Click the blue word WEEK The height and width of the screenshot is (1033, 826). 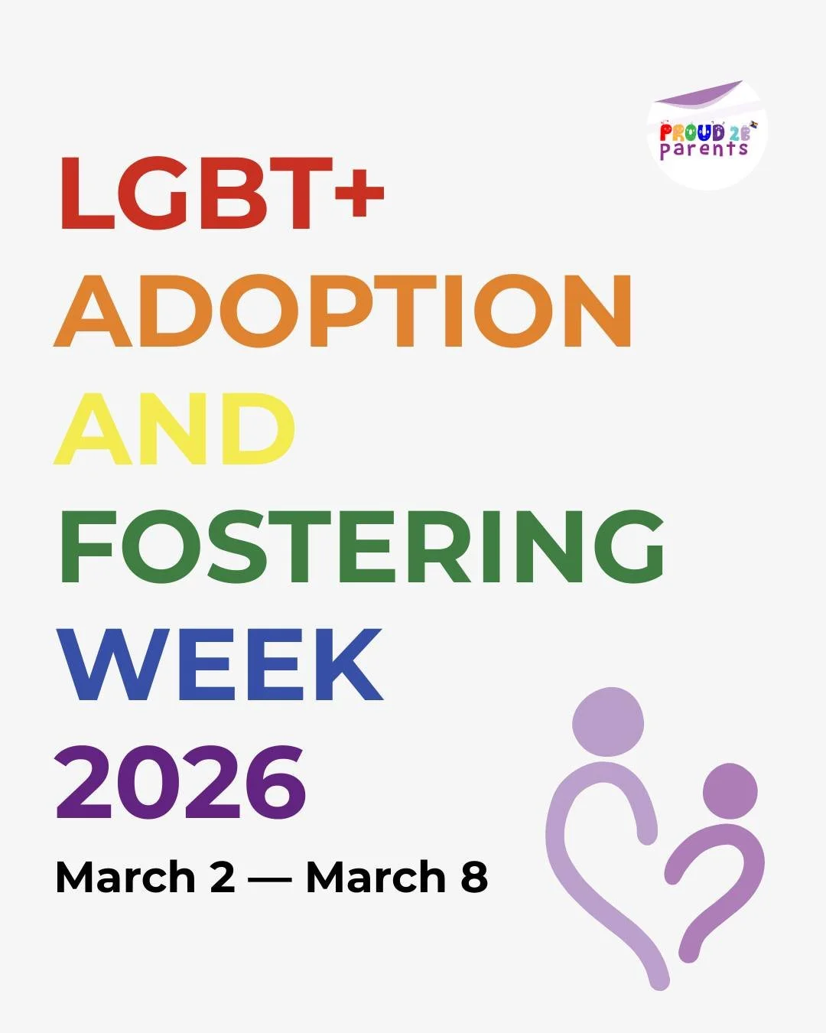pyautogui.click(x=220, y=664)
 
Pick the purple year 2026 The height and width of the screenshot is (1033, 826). pyautogui.click(x=180, y=782)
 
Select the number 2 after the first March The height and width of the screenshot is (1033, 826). pyautogui.click(x=222, y=877)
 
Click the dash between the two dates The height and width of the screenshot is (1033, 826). pyautogui.click(x=270, y=878)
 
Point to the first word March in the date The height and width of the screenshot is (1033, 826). pyautogui.click(x=125, y=877)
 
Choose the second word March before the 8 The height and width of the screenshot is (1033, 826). pyautogui.click(x=376, y=877)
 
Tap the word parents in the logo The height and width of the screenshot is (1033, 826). pyautogui.click(x=704, y=149)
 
